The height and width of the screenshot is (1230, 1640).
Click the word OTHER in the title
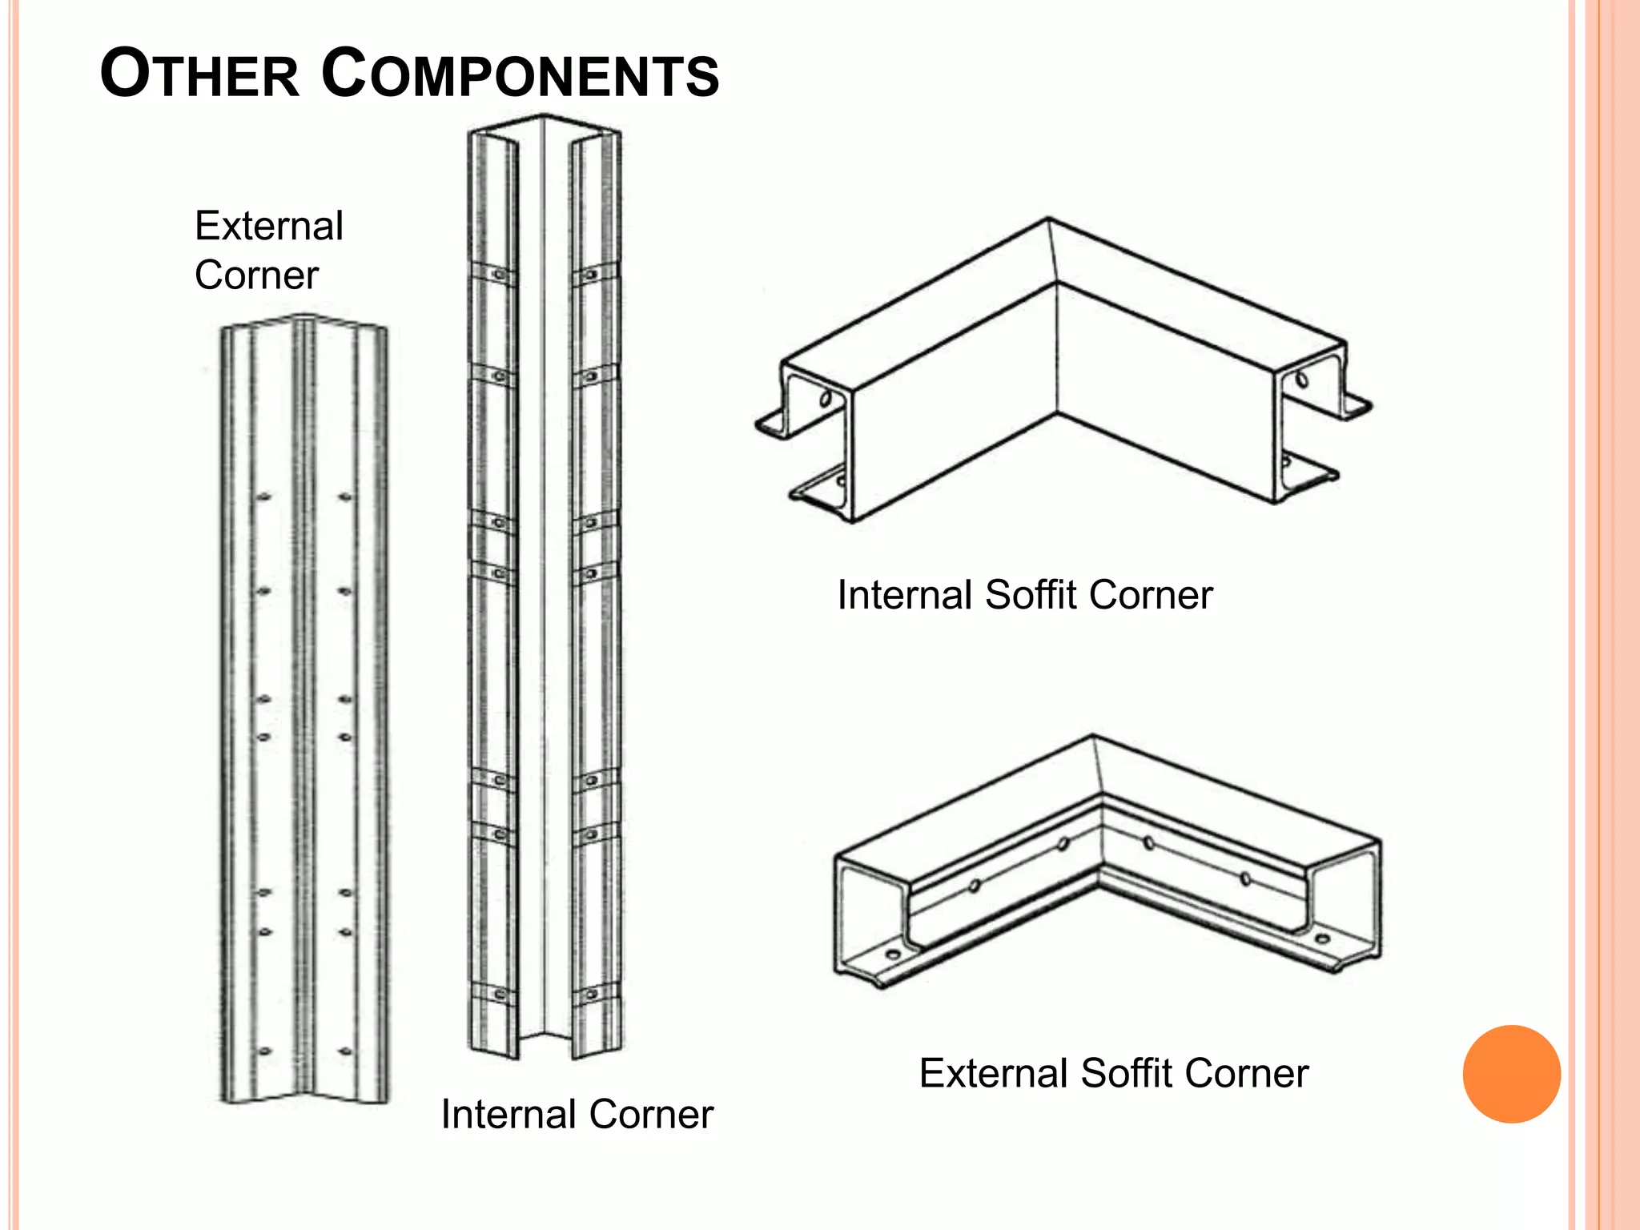199,74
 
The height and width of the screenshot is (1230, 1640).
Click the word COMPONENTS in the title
521,74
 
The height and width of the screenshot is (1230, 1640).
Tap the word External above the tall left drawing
269,226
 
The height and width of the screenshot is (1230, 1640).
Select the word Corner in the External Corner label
256,275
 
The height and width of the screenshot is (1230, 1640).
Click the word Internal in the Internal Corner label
508,1114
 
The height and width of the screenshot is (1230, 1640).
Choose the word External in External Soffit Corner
994,1073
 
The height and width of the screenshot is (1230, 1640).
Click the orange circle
1511,1074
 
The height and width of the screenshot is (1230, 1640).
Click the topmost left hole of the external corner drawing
263,497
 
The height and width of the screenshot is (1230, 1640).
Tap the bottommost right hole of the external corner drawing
345,1051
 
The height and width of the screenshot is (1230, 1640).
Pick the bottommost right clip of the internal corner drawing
592,995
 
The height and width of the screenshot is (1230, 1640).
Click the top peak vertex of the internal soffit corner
1048,218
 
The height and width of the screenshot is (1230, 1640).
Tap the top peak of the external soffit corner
1093,735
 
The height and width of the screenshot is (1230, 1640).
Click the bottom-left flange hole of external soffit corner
892,955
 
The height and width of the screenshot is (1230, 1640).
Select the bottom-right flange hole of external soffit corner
1322,939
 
